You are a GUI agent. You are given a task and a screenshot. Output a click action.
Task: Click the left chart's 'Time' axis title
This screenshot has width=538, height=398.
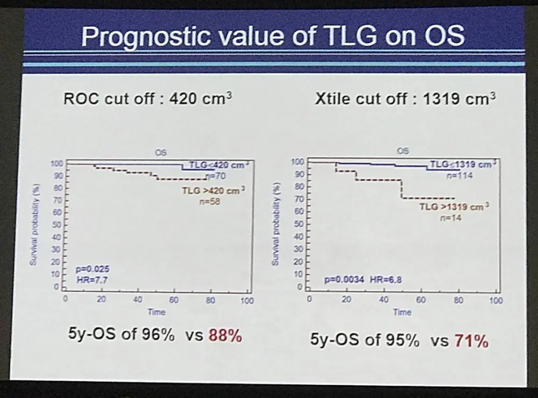pos(157,312)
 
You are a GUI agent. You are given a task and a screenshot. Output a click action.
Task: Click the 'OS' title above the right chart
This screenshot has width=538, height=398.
pos(402,151)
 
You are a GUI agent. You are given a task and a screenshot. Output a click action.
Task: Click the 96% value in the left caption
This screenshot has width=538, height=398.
pos(158,336)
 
